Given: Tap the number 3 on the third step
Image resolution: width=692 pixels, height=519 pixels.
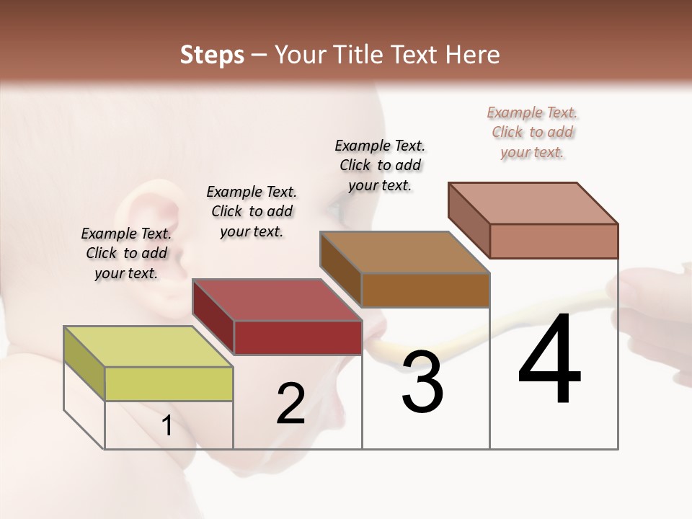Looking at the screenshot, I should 422,381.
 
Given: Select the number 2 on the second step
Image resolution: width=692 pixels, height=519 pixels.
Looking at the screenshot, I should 290,404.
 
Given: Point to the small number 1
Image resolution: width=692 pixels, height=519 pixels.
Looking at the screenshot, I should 167,426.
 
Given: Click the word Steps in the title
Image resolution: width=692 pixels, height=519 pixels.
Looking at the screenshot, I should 212,55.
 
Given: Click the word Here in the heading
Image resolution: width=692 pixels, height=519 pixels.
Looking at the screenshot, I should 471,55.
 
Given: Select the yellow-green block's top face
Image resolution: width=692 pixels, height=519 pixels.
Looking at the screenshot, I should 148,347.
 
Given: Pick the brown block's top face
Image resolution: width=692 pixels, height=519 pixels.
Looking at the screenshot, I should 404,252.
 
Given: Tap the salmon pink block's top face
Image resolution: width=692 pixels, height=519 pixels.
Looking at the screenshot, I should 533,203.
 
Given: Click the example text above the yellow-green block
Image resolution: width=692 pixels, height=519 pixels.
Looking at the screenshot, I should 126,253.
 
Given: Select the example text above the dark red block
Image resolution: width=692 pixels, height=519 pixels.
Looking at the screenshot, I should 252,211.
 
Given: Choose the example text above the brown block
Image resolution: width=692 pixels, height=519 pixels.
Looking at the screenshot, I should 380,165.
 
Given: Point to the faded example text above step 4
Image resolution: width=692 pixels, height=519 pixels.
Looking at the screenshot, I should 532,132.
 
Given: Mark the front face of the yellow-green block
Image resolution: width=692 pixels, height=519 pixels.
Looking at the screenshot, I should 169,383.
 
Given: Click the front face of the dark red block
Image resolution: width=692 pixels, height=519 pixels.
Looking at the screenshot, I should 298,337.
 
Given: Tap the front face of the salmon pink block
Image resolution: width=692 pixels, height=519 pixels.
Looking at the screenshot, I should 554,241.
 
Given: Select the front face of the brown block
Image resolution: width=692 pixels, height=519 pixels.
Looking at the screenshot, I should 425,290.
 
